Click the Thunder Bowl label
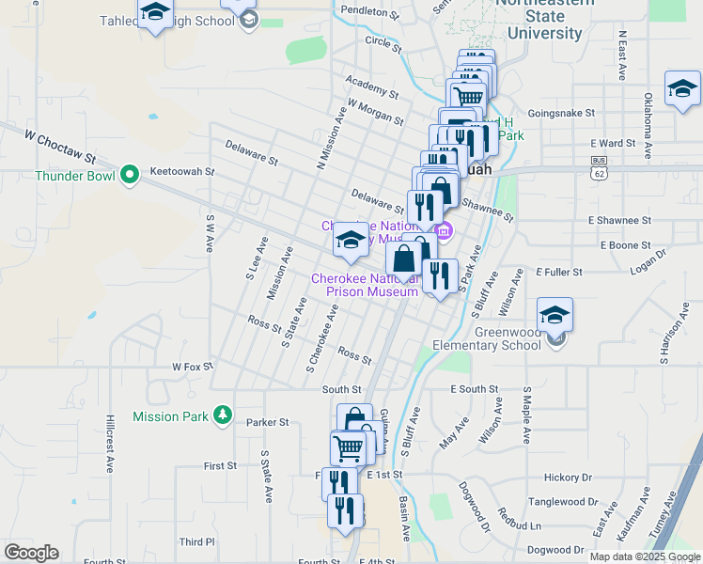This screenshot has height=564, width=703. click(x=74, y=175)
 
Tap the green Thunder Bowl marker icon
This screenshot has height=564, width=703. click(x=130, y=174)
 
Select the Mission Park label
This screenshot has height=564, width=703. click(x=168, y=415)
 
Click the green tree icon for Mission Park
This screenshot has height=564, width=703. click(x=222, y=415)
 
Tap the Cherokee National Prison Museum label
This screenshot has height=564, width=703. click(x=365, y=285)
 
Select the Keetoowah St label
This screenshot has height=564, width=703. click(x=183, y=173)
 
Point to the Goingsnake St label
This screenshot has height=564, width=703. click(x=561, y=113)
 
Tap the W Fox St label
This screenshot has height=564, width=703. click(x=195, y=367)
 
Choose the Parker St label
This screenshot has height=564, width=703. click(x=268, y=423)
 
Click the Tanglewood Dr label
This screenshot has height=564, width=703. click(x=561, y=503)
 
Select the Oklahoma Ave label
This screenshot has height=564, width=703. click(x=648, y=119)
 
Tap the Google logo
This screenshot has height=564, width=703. click(x=31, y=553)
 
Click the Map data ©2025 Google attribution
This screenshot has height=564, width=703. click(x=645, y=556)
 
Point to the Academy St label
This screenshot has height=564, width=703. click(x=372, y=90)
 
